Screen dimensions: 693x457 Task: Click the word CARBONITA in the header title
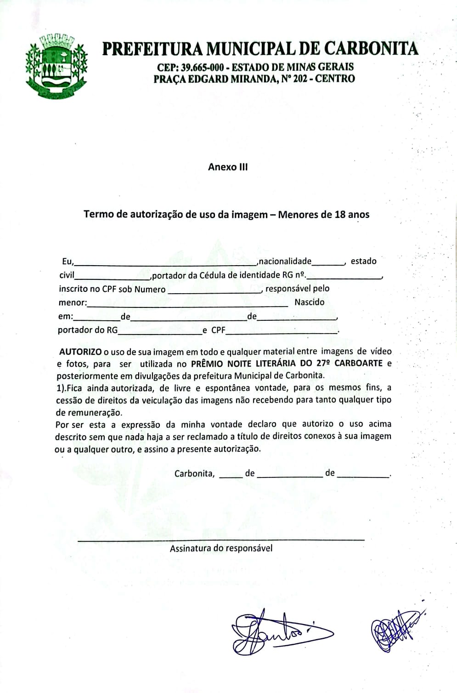tap(371, 49)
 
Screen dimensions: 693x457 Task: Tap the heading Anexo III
tap(228, 167)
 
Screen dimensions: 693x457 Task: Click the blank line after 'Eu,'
tap(165, 264)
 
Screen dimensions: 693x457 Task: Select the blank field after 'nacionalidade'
tap(328, 264)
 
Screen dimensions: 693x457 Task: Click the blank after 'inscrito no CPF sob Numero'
tap(214, 292)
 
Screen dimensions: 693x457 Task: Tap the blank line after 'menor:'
tap(186, 305)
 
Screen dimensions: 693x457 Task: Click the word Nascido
tap(309, 302)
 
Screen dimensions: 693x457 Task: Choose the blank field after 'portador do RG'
tap(159, 333)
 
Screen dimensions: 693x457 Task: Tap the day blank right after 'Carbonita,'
tap(231, 477)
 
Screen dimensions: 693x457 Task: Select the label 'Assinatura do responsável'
tap(221, 548)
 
